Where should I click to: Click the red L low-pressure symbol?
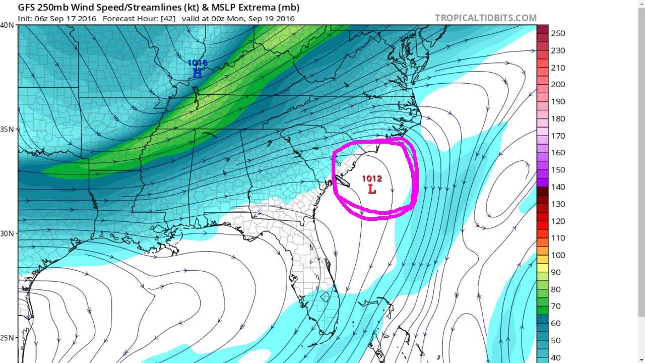point(372,190)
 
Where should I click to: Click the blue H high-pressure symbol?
point(197,73)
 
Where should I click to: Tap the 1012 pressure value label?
point(372,178)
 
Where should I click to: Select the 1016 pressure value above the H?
point(197,63)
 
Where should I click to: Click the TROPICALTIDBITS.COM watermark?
point(486,18)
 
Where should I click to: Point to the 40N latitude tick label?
point(8,25)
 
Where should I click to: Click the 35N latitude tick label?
point(8,129)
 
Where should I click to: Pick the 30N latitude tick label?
point(8,233)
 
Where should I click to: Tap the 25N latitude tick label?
point(8,338)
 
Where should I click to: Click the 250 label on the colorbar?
point(558,33)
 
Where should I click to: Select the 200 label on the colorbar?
point(558,84)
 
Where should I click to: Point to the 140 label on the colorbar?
point(558,187)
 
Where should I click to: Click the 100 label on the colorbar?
point(558,255)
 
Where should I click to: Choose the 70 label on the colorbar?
point(556,306)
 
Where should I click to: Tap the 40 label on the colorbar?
point(556,357)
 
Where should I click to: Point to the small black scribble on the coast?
point(342,180)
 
